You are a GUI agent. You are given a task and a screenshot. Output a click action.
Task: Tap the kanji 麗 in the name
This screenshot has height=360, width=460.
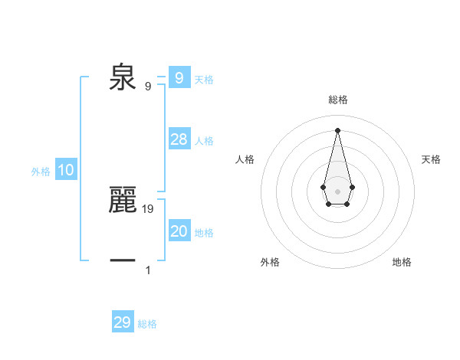tap(123, 199)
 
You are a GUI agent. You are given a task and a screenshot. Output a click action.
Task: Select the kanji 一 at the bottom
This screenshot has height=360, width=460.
tap(123, 261)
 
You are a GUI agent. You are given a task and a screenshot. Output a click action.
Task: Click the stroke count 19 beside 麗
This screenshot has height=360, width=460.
tap(148, 208)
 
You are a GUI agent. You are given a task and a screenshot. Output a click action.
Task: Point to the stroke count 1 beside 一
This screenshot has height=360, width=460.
tap(148, 270)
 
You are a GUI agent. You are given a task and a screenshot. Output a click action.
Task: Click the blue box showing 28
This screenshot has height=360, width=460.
tap(179, 139)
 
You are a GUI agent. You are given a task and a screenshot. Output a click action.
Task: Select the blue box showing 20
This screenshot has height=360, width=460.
tap(179, 231)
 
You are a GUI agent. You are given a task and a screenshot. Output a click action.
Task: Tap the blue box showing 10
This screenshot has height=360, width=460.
tap(66, 171)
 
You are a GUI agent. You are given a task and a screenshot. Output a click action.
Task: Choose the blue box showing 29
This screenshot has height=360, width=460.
tap(123, 322)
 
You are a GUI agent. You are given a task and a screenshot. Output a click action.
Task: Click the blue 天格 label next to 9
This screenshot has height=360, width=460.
tap(204, 79)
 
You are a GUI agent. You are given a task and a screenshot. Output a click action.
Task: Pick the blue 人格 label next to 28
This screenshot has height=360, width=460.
tap(204, 141)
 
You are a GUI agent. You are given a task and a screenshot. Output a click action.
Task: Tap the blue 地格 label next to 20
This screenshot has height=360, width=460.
tap(204, 233)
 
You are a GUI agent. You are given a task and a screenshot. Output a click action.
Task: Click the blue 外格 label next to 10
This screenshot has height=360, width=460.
tap(41, 172)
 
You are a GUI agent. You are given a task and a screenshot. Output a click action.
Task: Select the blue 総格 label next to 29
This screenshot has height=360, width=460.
tap(147, 324)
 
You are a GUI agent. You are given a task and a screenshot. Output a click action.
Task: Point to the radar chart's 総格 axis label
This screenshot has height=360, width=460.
tap(337, 100)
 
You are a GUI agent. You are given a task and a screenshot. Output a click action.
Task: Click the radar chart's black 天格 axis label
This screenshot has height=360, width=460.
tap(431, 159)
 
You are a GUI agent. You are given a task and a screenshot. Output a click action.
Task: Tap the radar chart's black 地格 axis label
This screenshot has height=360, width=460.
tap(402, 262)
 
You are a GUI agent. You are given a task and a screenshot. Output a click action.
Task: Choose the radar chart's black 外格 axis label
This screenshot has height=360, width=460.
tap(270, 262)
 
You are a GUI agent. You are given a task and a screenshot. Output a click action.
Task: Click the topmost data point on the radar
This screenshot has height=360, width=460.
tap(337, 129)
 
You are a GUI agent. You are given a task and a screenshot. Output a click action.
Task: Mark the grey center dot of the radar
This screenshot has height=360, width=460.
tap(337, 191)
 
